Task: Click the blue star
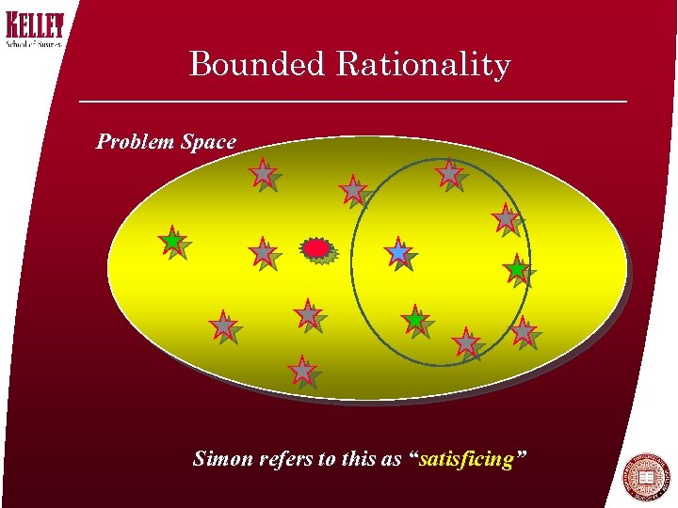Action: (399, 252)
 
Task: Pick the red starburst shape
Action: (317, 248)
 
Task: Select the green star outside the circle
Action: (172, 241)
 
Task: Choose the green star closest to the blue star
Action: (415, 319)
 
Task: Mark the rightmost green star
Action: (516, 269)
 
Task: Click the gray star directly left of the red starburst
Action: (262, 252)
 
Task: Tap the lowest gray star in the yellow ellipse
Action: (302, 370)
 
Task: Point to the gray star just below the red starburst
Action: (308, 313)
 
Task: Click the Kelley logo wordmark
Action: (36, 25)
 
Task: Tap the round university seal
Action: (647, 477)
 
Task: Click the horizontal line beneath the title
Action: (352, 101)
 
